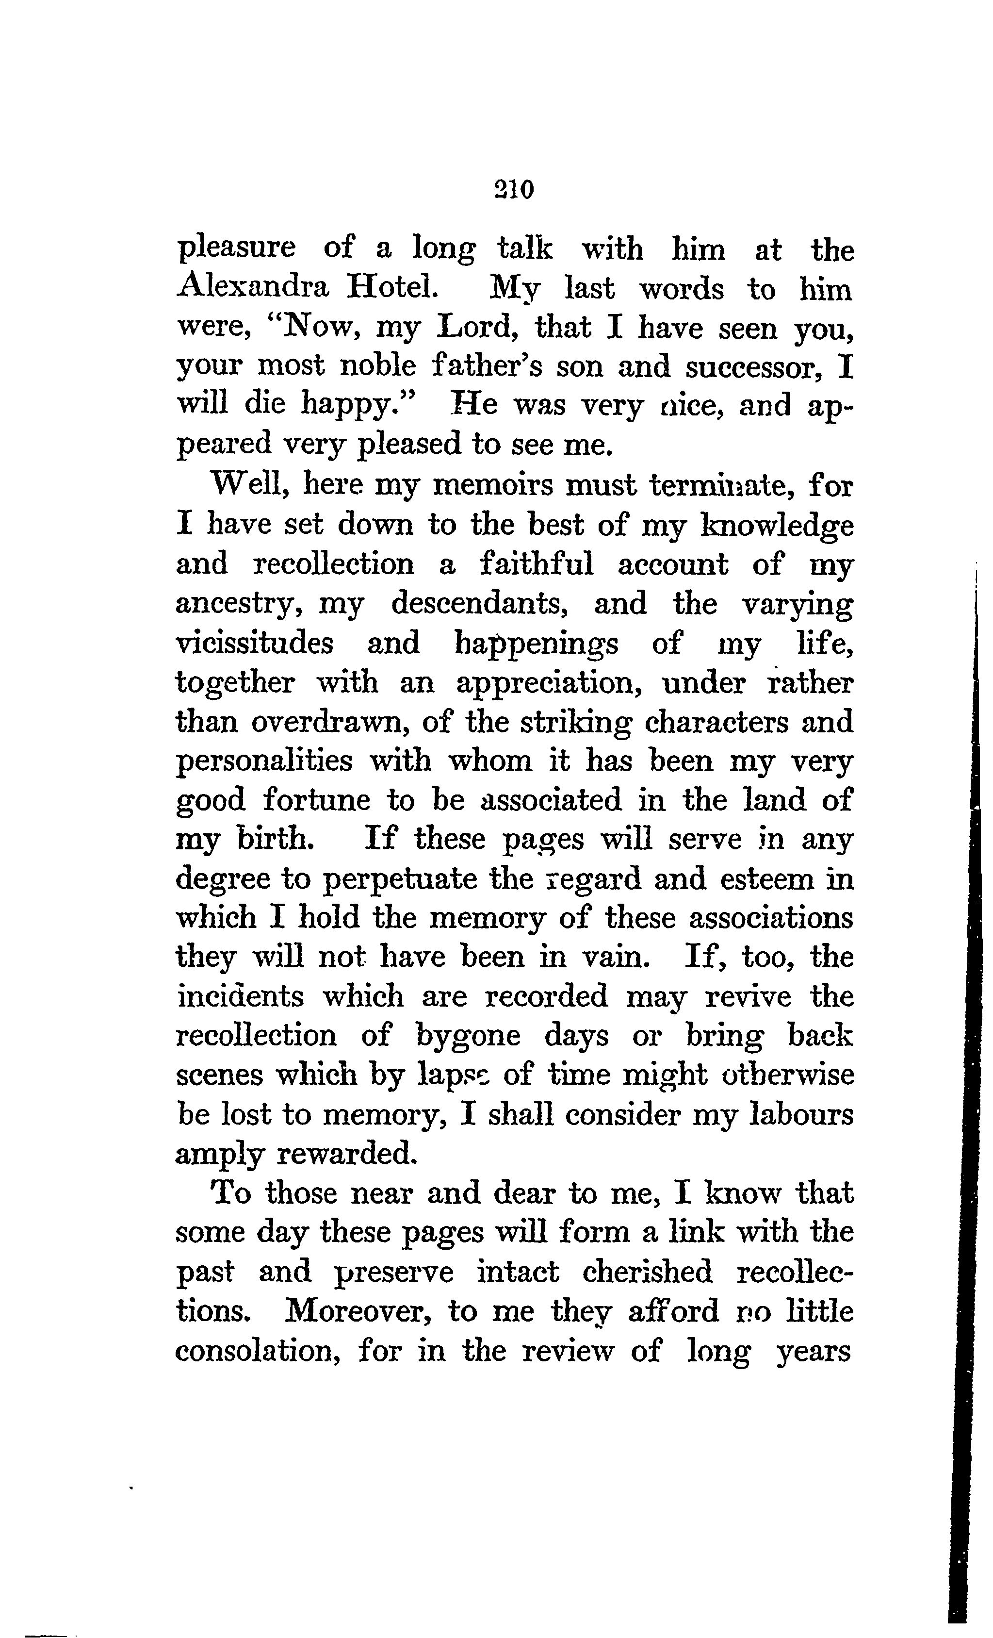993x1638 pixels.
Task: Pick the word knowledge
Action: tap(778, 525)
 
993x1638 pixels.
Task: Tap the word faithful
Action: tap(537, 564)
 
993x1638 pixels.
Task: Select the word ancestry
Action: tap(240, 604)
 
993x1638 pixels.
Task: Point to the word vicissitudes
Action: tap(255, 643)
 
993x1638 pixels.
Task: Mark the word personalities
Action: tap(264, 761)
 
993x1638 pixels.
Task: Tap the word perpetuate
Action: tap(400, 879)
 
